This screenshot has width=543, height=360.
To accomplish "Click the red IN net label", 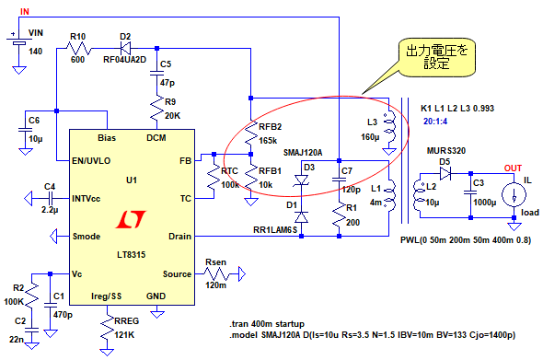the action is [25, 11].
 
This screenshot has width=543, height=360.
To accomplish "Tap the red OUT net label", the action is [513, 168].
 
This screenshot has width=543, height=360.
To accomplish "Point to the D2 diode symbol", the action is [125, 48].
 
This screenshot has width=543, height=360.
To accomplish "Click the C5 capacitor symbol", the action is [156, 73].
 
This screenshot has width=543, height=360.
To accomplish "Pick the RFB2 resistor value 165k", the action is [268, 140].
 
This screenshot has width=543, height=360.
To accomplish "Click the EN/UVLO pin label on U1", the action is [91, 161].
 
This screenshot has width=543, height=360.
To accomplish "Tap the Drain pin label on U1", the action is [179, 237].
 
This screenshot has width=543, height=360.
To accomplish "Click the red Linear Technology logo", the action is [131, 220].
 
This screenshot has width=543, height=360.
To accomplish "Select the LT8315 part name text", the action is [132, 255].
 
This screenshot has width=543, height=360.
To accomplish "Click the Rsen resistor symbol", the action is [216, 274].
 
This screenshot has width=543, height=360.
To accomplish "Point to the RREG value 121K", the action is [124, 335].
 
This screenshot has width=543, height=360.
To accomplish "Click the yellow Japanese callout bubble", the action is [436, 57].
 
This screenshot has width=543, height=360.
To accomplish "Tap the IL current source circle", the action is [514, 194].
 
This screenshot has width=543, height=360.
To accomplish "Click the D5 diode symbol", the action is [445, 173].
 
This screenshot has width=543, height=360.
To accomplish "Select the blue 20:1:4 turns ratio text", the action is [435, 122].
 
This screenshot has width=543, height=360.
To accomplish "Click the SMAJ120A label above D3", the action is [303, 153].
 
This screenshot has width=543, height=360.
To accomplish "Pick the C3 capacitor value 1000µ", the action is [484, 203].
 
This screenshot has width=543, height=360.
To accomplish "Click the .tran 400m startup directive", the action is [267, 324].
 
